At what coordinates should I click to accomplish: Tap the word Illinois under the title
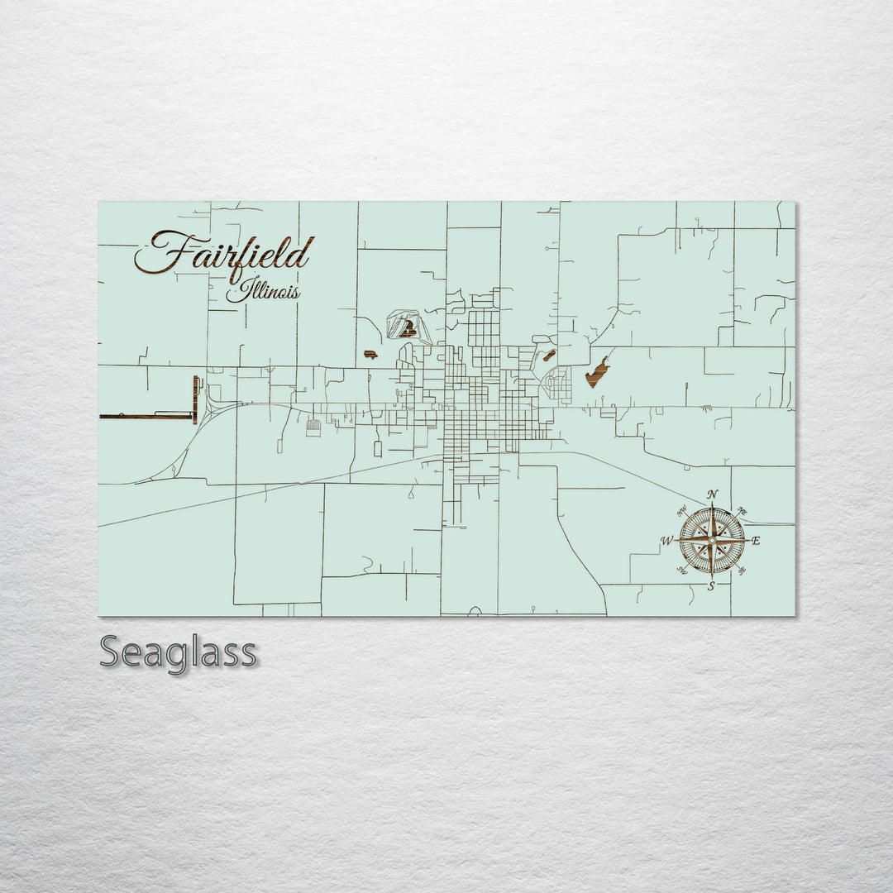(264, 292)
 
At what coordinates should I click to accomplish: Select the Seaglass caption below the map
(178, 652)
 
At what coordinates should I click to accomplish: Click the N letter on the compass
(713, 495)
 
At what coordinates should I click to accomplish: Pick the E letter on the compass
(756, 541)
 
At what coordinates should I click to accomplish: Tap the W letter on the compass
(666, 542)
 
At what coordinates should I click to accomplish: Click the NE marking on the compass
(742, 511)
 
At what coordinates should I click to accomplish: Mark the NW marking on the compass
(683, 512)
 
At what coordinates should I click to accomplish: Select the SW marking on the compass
(683, 571)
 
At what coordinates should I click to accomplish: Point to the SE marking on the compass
(741, 571)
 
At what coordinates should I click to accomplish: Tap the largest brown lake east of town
(597, 372)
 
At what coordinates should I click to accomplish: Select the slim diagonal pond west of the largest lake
(547, 356)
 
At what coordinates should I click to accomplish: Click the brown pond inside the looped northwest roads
(405, 330)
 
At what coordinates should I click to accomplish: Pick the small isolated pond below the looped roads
(370, 355)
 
